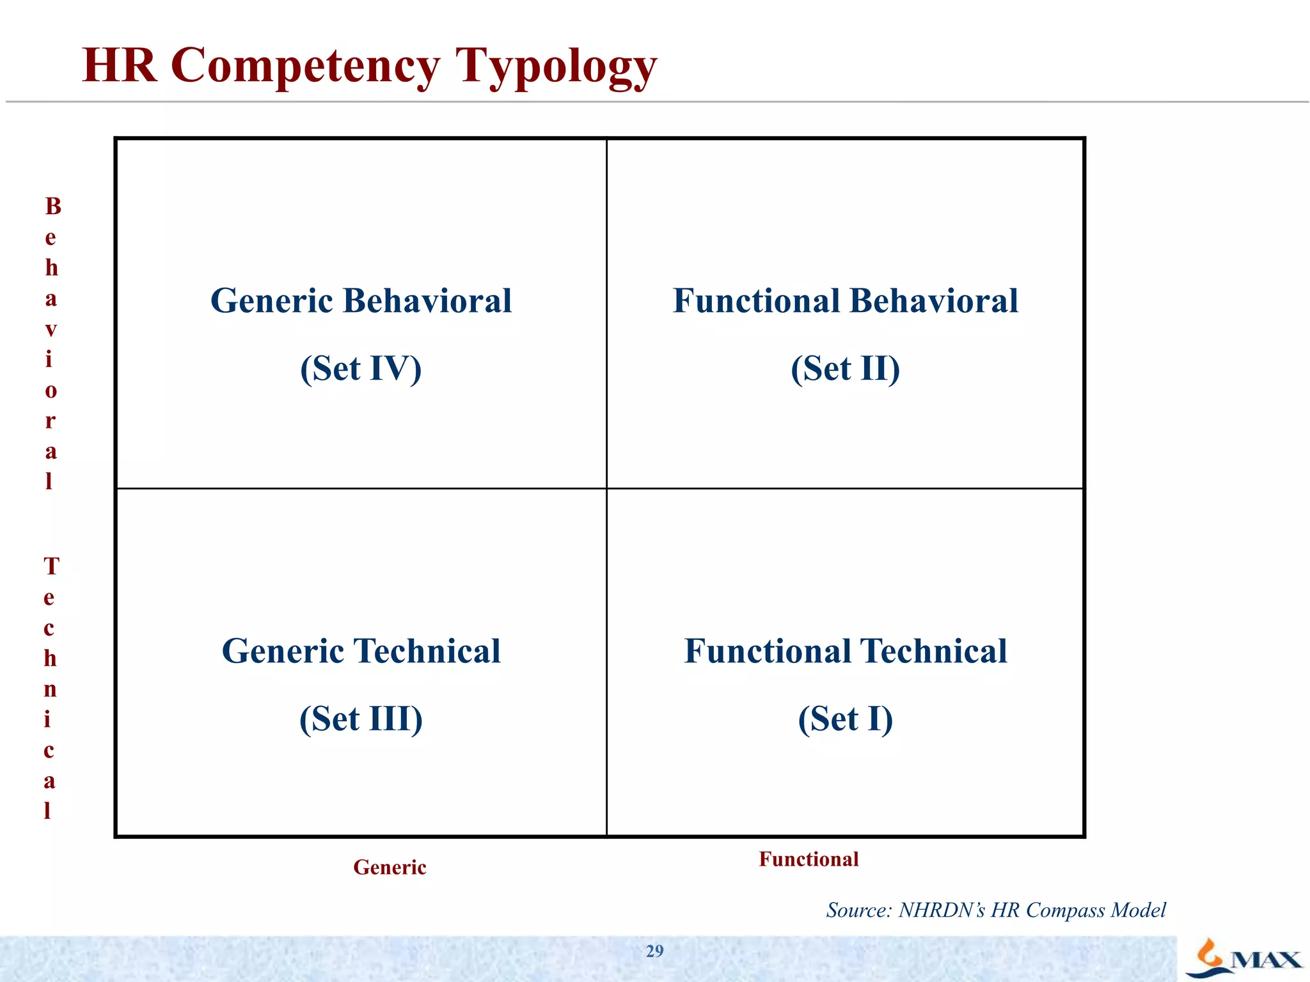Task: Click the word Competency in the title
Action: pos(306,66)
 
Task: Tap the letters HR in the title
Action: pos(120,65)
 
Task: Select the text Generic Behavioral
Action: pos(361,300)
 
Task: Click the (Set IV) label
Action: pos(361,369)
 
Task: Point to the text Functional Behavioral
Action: pos(845,300)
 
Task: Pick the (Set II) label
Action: pos(845,369)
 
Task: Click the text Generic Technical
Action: pos(361,651)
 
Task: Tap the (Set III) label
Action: pos(361,719)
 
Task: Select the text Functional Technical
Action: pos(845,651)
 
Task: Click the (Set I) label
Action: pos(845,719)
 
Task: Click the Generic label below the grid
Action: pos(390,868)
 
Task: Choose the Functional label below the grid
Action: pos(809,859)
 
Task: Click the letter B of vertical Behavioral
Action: pos(53,207)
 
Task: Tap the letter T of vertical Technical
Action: pos(51,566)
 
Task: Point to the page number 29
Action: pos(654,951)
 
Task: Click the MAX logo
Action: pos(1244,958)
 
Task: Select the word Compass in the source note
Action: pos(1064,910)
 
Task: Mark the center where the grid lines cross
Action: pos(606,488)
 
